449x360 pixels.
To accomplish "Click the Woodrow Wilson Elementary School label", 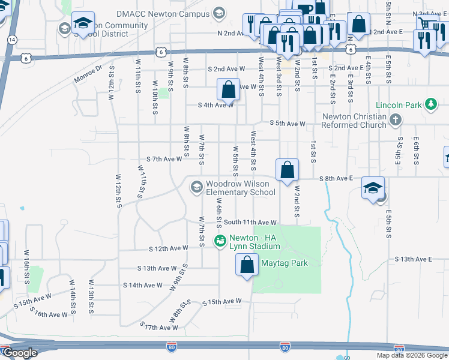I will pyautogui.click(x=240, y=188).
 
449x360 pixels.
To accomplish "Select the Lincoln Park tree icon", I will pyautogui.click(x=430, y=105).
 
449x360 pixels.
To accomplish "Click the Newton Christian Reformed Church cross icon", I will pyautogui.click(x=394, y=120).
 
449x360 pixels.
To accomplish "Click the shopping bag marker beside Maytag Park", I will pyautogui.click(x=247, y=265).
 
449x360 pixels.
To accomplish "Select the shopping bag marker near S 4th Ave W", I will pyautogui.click(x=229, y=90).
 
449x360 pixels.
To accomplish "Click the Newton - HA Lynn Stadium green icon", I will pyautogui.click(x=219, y=242).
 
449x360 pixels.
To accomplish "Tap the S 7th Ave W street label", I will pyautogui.click(x=164, y=159).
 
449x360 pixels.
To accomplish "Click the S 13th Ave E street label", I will pyautogui.click(x=414, y=259).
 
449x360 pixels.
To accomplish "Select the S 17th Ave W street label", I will pyautogui.click(x=160, y=326).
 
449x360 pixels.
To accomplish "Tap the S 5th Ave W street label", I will pyautogui.click(x=287, y=124).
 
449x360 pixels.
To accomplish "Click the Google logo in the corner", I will pyautogui.click(x=20, y=353).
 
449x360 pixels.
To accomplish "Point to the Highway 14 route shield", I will pyautogui.click(x=12, y=39).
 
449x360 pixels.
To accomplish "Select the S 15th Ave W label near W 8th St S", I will pyautogui.click(x=221, y=301).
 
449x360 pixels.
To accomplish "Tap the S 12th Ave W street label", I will pyautogui.click(x=168, y=248).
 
